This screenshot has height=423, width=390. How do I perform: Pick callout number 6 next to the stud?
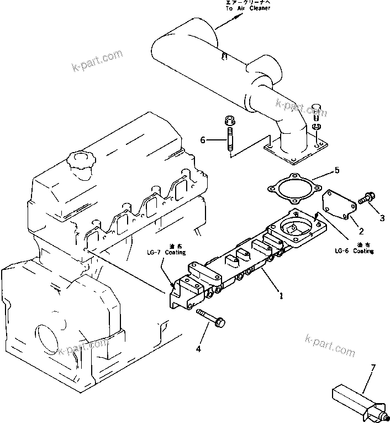203,140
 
